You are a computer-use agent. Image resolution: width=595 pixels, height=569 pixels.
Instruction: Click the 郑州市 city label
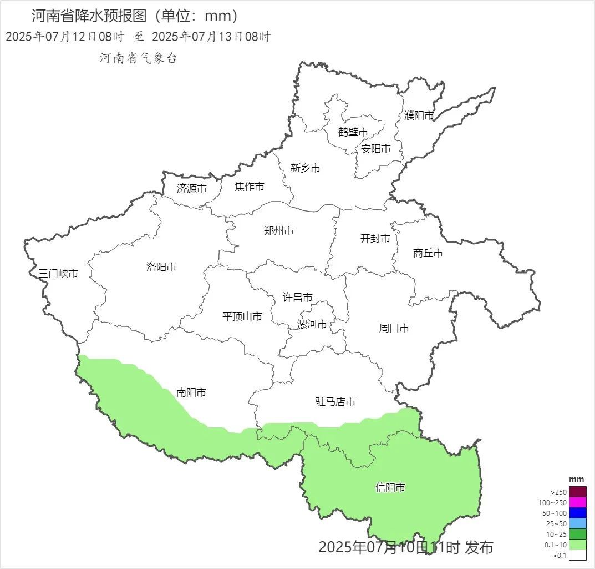tap(278, 231)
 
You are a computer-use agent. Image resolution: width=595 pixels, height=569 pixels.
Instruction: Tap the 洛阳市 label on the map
tap(161, 267)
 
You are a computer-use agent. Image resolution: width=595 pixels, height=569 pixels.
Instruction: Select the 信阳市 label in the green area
tap(390, 488)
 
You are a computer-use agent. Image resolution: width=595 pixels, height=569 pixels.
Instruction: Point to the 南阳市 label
tap(191, 392)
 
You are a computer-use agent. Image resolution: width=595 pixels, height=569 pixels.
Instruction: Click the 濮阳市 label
tap(419, 115)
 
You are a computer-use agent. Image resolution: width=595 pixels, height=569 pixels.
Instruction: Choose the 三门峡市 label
tap(58, 273)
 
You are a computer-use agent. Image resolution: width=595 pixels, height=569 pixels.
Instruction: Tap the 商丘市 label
tap(428, 253)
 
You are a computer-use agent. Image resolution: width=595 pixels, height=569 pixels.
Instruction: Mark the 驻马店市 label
tap(335, 402)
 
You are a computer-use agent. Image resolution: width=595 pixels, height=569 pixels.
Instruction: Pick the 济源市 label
tap(191, 189)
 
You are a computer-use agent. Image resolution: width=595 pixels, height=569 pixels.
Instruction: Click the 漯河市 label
tap(312, 324)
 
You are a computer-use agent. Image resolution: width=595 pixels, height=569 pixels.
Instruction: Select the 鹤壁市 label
tap(353, 132)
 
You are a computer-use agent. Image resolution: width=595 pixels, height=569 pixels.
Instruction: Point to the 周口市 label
tap(394, 328)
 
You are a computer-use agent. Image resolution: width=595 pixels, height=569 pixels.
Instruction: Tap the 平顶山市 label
tap(242, 316)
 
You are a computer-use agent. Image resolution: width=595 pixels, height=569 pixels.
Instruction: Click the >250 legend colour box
tap(577, 492)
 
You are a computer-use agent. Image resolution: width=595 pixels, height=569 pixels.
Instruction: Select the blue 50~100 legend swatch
tap(577, 513)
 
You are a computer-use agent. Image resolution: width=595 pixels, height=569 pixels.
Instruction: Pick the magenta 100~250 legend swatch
tap(577, 502)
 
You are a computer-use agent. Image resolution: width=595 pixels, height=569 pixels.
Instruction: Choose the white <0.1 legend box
tap(577, 555)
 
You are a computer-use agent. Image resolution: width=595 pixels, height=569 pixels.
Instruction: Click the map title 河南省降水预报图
tap(91, 16)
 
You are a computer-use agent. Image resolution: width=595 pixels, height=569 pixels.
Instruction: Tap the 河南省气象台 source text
tap(138, 58)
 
